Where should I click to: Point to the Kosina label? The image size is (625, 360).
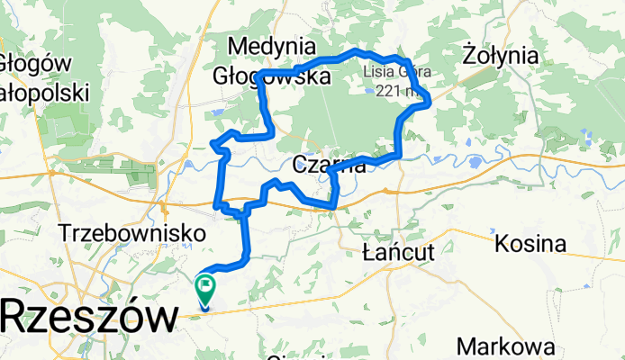[530, 244]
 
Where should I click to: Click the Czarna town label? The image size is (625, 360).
[330, 165]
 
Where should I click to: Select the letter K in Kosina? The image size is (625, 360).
[501, 244]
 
